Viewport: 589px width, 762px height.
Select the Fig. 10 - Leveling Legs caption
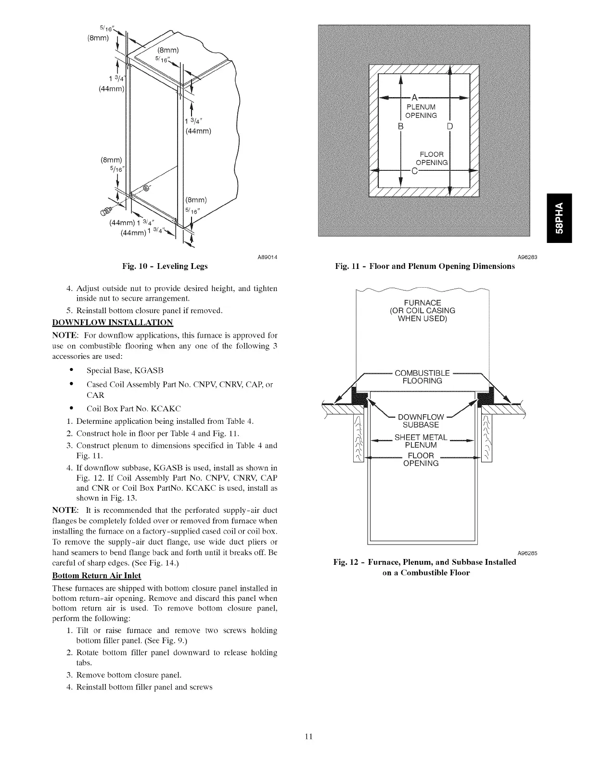[x=166, y=266]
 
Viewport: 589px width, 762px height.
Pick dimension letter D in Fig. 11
[x=449, y=127]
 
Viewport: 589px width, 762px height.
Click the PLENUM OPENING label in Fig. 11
[x=421, y=111]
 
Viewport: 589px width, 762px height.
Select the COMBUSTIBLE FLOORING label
[x=422, y=377]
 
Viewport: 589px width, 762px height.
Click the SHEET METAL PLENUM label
[x=421, y=441]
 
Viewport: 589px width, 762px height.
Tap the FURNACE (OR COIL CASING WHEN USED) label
[x=422, y=310]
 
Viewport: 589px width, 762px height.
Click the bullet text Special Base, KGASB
[x=125, y=370]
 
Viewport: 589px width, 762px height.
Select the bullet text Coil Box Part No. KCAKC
[x=134, y=409]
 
